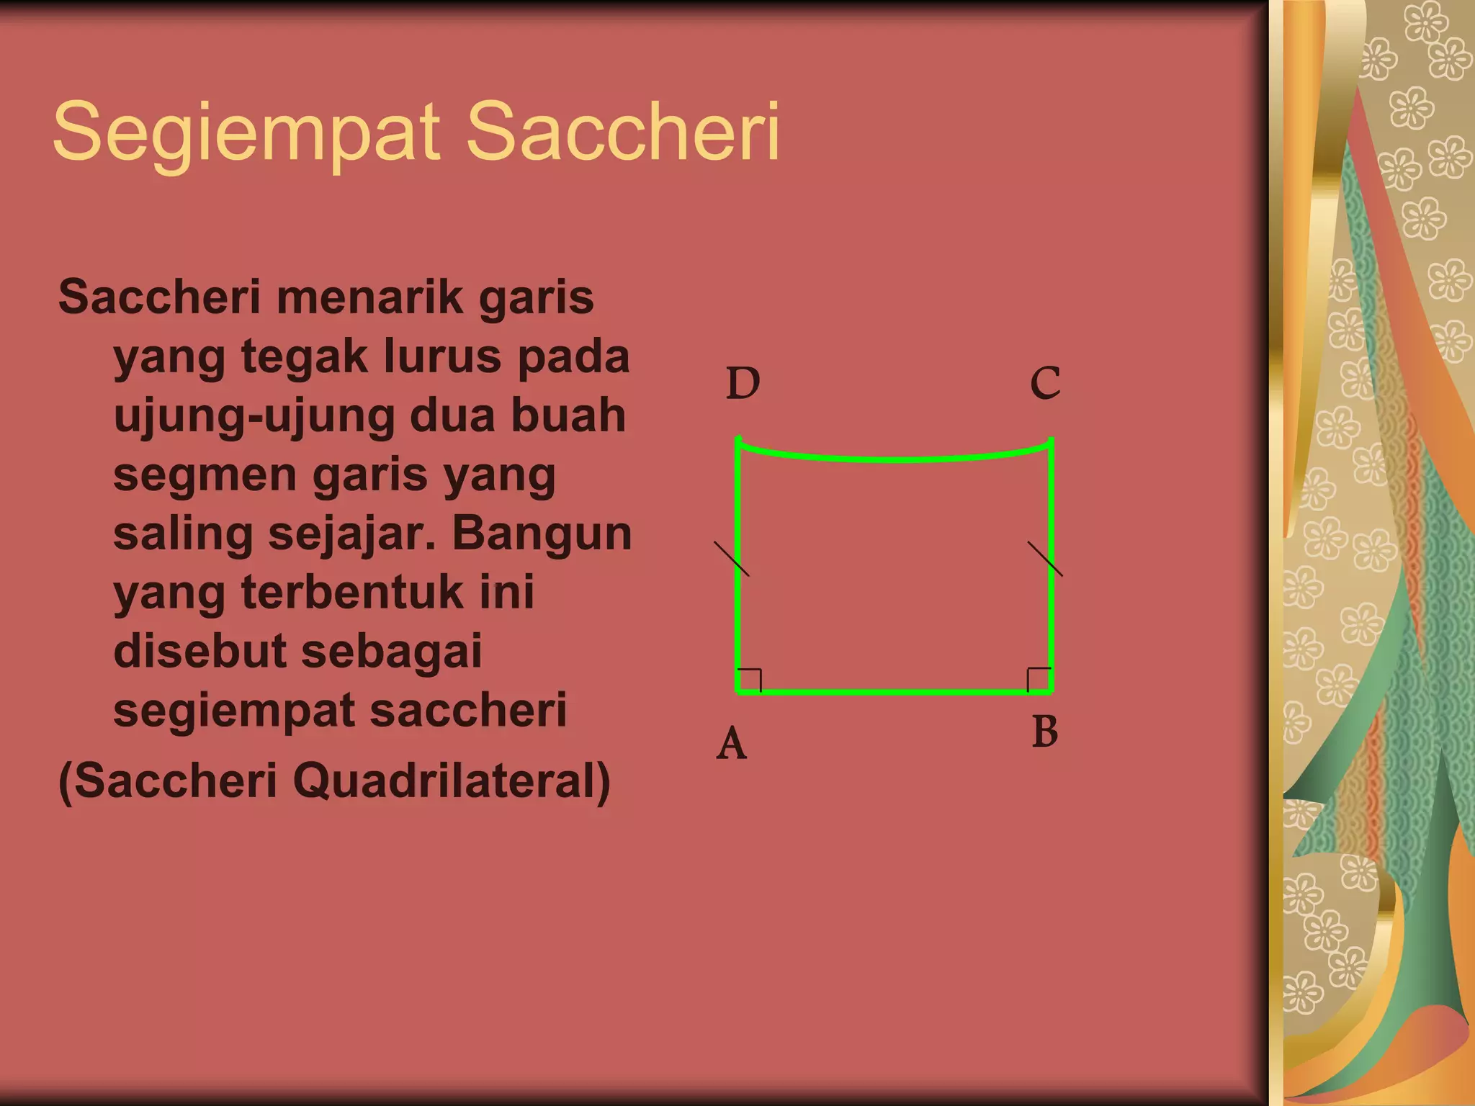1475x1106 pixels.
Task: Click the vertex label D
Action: click(x=743, y=383)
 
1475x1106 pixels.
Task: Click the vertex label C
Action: click(x=1045, y=383)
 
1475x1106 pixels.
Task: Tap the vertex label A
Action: click(x=732, y=744)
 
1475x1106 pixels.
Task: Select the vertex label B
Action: click(x=1045, y=732)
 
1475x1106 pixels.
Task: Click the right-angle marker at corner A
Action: click(x=750, y=680)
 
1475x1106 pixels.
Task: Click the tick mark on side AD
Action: click(x=732, y=559)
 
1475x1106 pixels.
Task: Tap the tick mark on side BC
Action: click(x=1045, y=559)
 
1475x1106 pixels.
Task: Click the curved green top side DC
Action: click(x=893, y=458)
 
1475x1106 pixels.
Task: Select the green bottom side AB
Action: click(x=893, y=692)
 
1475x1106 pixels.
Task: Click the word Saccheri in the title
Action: click(x=623, y=132)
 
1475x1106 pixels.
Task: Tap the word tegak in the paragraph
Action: click(x=302, y=358)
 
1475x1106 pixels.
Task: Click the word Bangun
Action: click(x=542, y=534)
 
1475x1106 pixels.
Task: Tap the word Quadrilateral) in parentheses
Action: click(x=452, y=781)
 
